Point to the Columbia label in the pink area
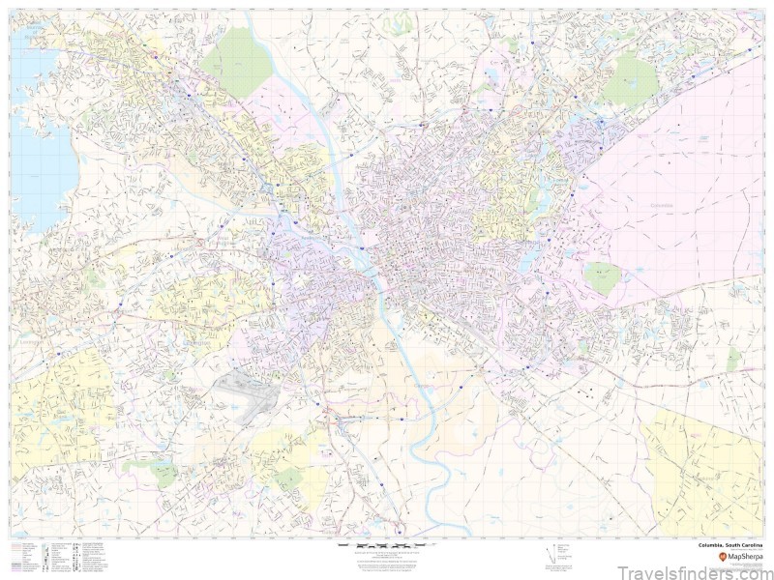coord(661,205)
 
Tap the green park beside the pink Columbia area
coord(602,277)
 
